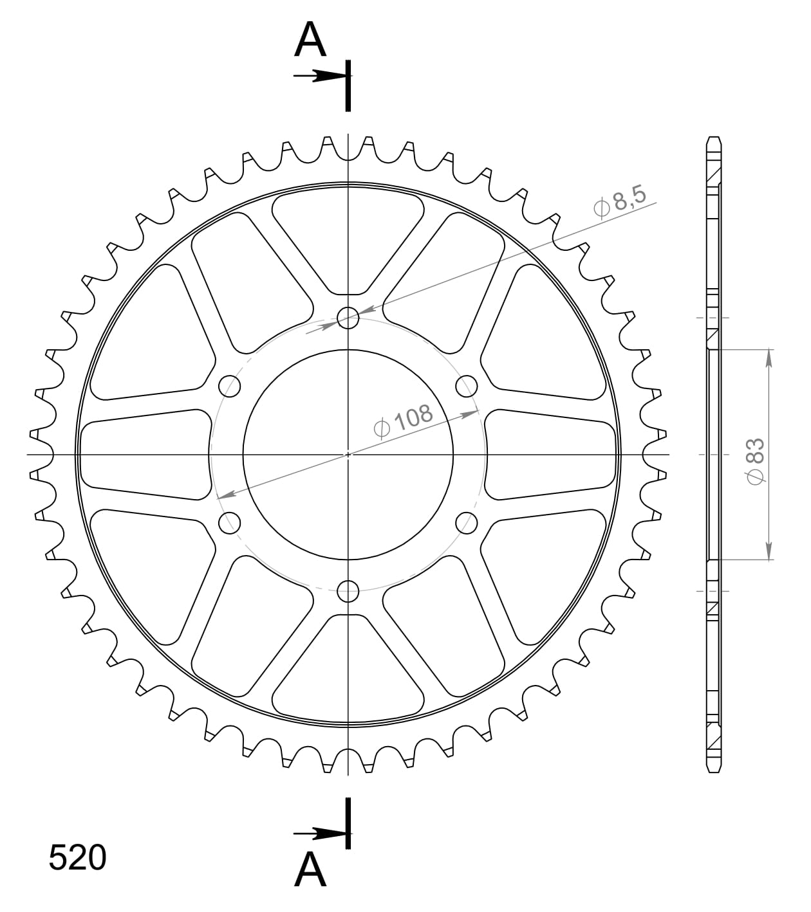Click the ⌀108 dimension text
[404, 421]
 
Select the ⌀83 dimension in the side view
[754, 461]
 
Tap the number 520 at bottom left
[77, 858]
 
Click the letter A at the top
[310, 40]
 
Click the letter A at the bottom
[310, 870]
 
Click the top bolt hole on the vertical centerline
[348, 317]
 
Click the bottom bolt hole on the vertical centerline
[348, 590]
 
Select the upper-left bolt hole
[230, 387]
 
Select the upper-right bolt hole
[467, 387]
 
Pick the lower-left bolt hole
[230, 522]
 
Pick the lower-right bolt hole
[467, 522]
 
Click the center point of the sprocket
[348, 454]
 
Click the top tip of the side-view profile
[713, 139]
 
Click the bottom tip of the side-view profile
[713, 770]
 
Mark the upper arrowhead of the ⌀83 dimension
[769, 358]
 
